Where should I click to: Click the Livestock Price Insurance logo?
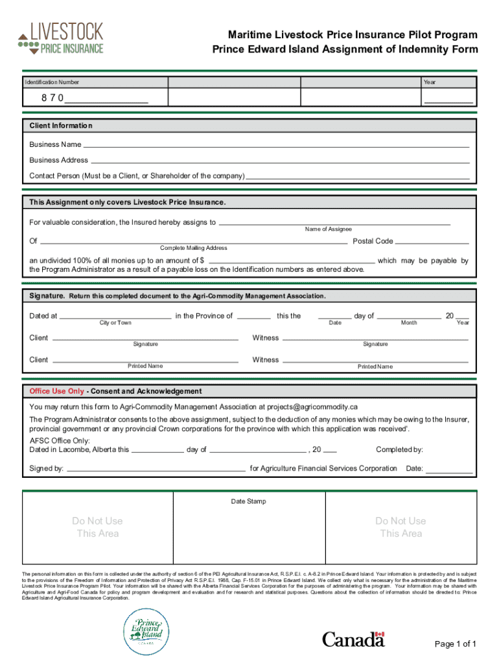(61, 38)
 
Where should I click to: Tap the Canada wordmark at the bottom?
(354, 640)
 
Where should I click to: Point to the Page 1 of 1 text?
(456, 644)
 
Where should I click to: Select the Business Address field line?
(279, 160)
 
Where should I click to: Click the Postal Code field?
(432, 241)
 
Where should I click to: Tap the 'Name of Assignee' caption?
(329, 229)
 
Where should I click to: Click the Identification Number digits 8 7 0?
(52, 98)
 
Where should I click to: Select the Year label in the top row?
(430, 82)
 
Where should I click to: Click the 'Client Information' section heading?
(61, 126)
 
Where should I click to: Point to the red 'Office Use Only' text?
(57, 391)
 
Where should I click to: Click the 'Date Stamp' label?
(249, 501)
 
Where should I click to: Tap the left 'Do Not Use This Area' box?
(97, 527)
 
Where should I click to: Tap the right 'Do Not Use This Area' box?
(400, 527)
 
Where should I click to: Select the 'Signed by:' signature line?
(156, 468)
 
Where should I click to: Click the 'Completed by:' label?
(399, 449)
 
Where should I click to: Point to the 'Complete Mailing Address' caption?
(194, 248)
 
